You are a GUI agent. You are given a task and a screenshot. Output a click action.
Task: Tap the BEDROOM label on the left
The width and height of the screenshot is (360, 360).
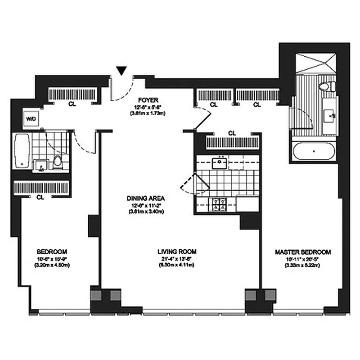pos(52,251)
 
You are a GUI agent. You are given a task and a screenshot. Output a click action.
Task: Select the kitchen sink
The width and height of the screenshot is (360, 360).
pos(220,162)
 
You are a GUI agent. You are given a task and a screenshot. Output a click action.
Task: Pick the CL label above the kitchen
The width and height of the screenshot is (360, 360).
pos(232,133)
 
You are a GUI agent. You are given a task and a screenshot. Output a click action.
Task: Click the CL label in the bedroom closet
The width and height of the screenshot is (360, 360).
pos(40,197)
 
